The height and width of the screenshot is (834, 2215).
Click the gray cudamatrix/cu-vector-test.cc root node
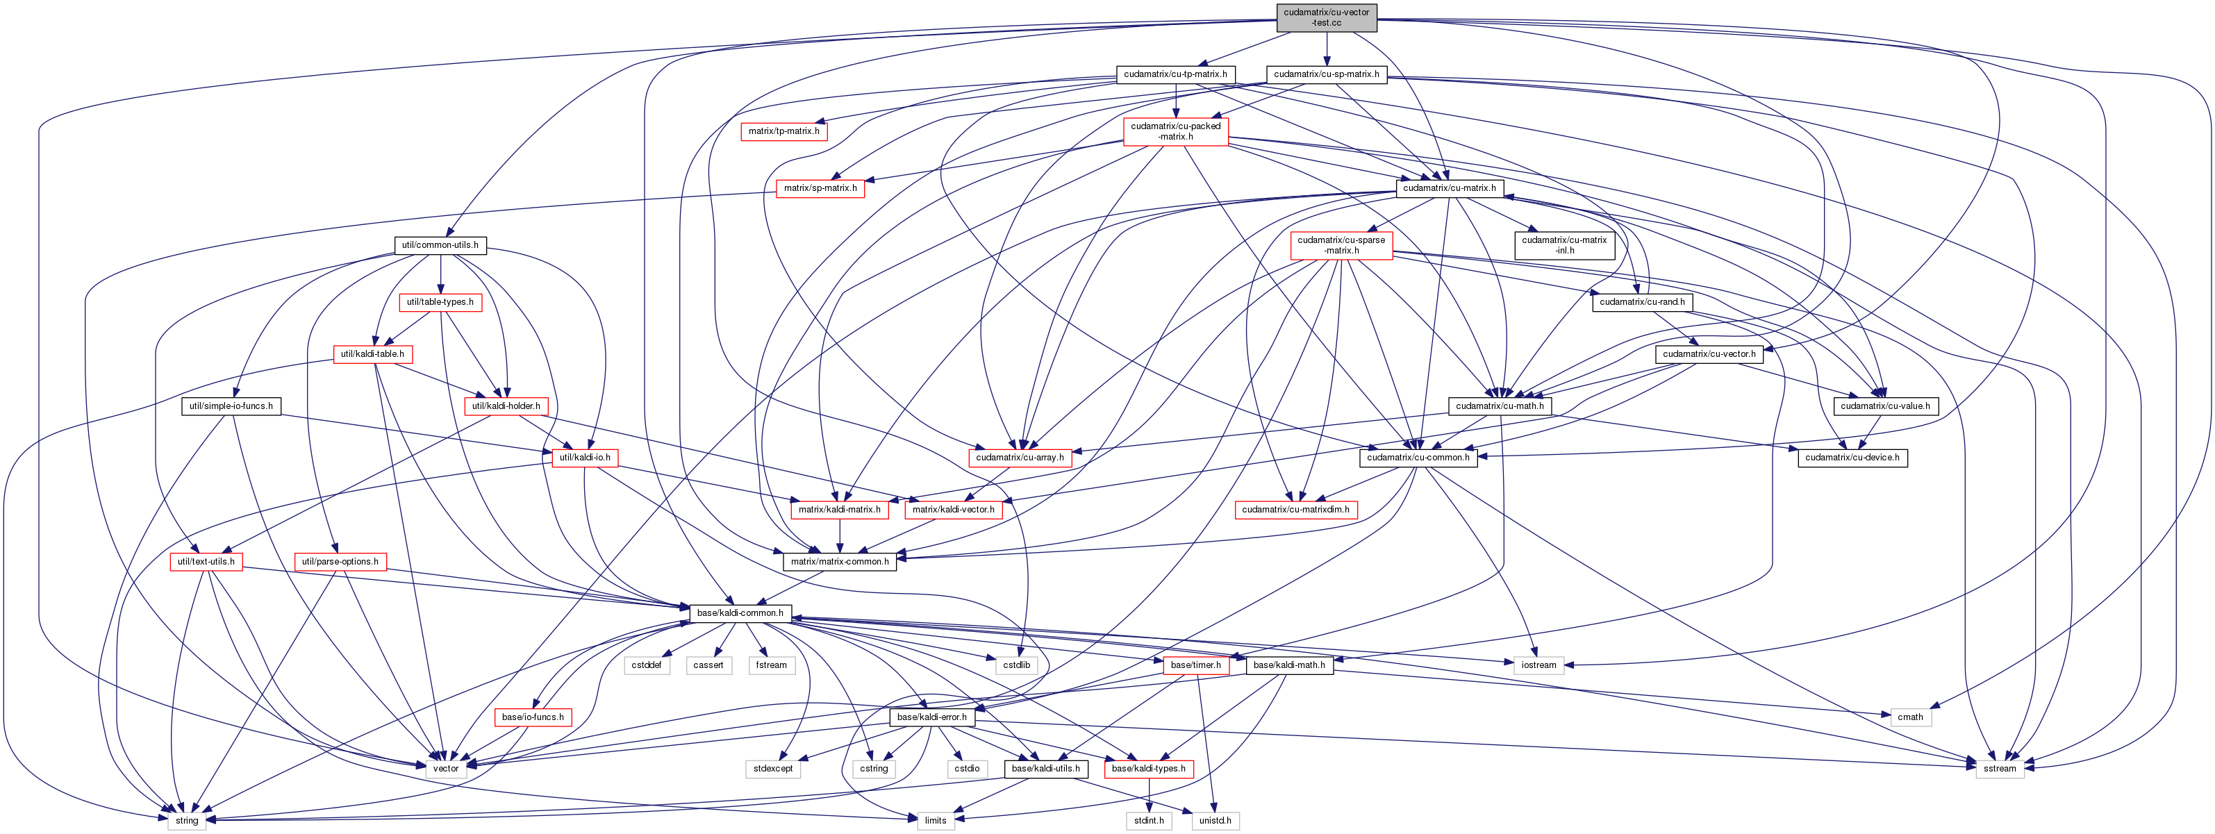click(1326, 17)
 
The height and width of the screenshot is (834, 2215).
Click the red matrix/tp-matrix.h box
click(783, 131)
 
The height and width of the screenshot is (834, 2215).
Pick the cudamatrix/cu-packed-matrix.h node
click(1175, 131)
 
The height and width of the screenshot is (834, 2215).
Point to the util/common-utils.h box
click(440, 245)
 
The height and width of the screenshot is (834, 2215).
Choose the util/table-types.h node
click(440, 303)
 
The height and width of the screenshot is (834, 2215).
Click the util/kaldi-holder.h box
click(506, 406)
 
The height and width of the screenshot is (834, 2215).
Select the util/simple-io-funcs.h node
click(231, 406)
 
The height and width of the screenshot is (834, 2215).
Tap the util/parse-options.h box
click(340, 562)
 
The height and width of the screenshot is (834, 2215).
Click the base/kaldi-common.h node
click(740, 613)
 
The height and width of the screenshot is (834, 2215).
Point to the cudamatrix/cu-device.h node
click(1852, 458)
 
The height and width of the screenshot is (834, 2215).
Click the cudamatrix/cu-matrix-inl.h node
click(1564, 245)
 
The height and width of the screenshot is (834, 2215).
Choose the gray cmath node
click(1910, 717)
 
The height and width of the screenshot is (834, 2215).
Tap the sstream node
click(1999, 769)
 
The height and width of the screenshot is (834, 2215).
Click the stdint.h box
click(1149, 820)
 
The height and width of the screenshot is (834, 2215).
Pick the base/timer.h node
click(1195, 665)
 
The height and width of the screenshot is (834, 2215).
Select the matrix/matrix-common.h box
click(839, 562)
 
